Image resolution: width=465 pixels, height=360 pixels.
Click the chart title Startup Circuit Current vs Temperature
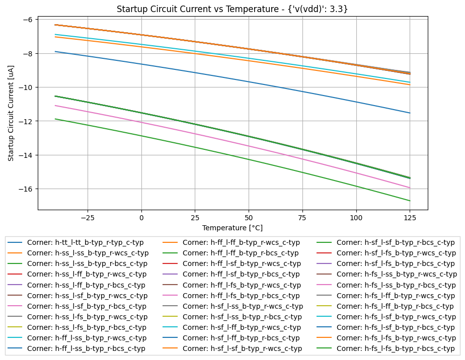click(x=232, y=9)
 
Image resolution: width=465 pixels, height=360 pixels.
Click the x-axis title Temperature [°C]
click(x=232, y=228)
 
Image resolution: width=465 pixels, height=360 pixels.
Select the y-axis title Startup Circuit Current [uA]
click(x=11, y=113)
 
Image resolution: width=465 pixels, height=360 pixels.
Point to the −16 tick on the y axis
click(x=28, y=189)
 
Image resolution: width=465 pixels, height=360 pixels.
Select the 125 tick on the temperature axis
click(x=410, y=218)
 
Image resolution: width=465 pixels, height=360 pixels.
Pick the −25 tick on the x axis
click(x=88, y=218)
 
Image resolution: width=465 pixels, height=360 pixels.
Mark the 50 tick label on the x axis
click(x=249, y=218)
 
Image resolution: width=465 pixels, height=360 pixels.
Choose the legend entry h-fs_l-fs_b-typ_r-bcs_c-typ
click(x=396, y=348)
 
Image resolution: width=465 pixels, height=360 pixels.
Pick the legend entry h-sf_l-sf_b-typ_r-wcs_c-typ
click(x=242, y=348)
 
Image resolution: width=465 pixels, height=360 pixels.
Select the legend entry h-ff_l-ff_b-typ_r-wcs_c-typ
click(x=241, y=242)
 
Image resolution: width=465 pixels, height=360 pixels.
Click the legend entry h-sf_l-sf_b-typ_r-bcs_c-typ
click(x=396, y=242)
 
